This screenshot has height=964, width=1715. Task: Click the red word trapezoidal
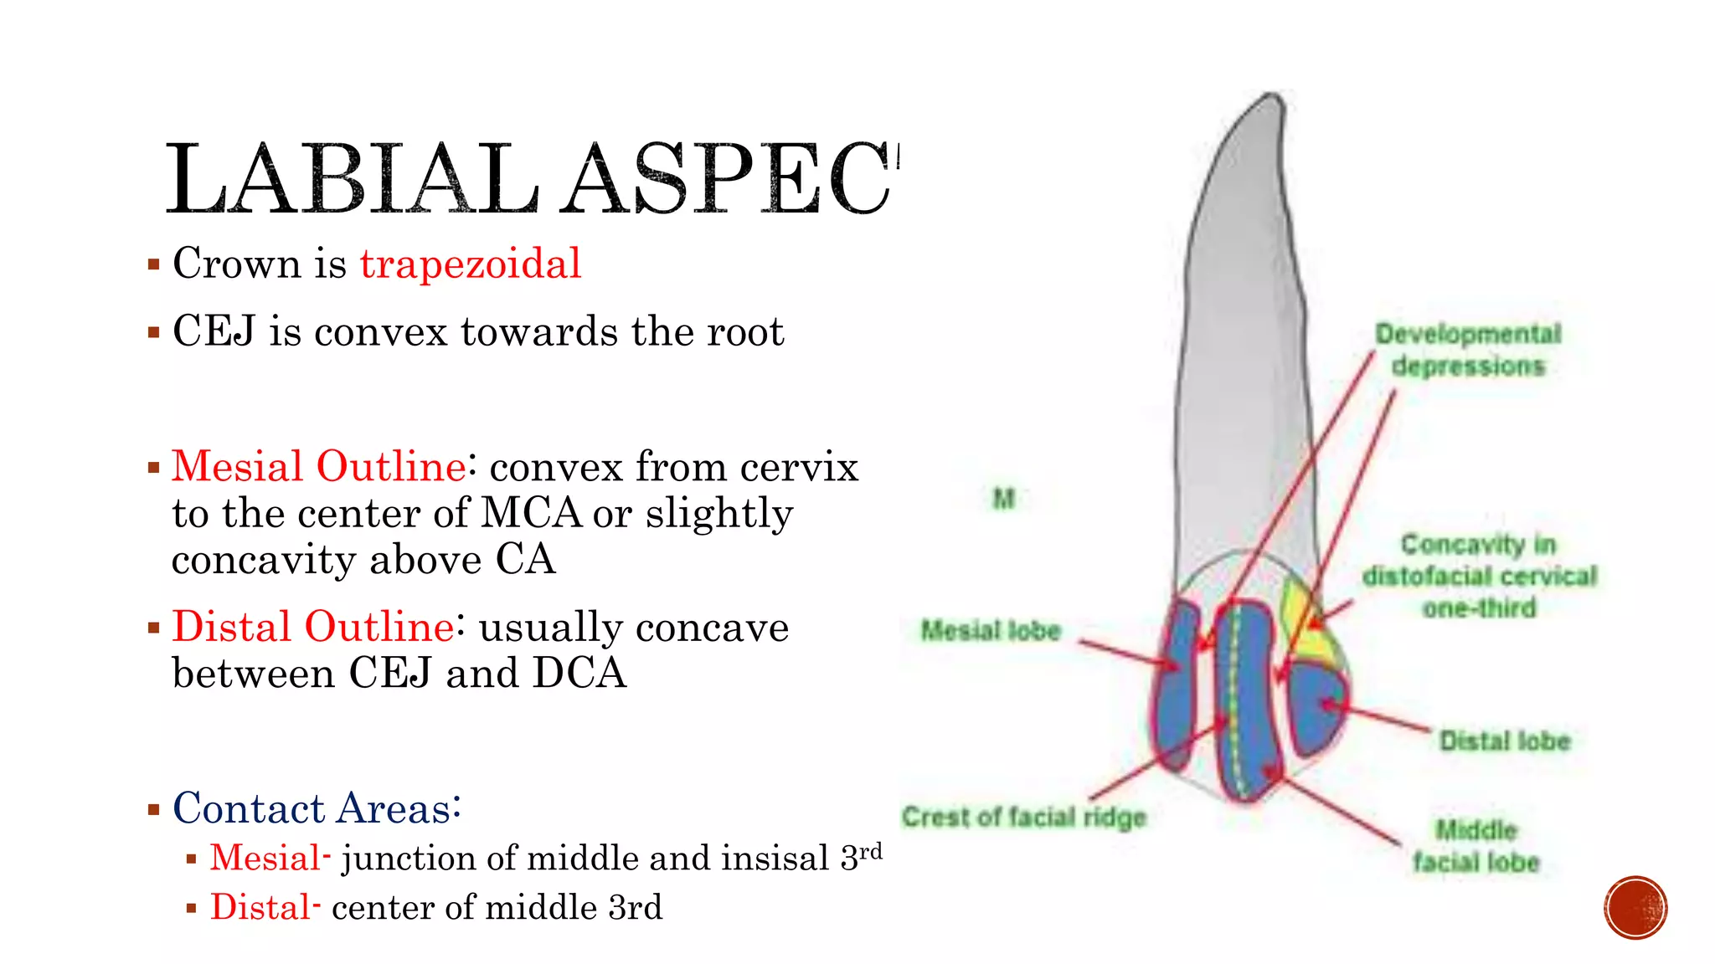(x=470, y=264)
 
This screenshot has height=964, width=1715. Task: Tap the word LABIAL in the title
(x=352, y=179)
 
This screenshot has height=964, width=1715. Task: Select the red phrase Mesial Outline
(x=318, y=466)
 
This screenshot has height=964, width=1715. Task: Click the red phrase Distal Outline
(x=313, y=627)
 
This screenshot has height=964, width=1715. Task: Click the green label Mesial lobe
(x=991, y=630)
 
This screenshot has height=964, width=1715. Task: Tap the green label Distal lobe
(x=1504, y=741)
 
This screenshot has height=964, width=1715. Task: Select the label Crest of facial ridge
(x=1023, y=817)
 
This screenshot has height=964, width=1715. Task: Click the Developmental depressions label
(x=1468, y=350)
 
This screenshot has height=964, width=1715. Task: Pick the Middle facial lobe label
(x=1476, y=846)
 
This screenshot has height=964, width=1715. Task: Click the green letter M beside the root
(x=1003, y=499)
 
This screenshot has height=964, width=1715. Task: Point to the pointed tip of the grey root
(x=1274, y=99)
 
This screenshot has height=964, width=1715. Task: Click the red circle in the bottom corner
(x=1635, y=908)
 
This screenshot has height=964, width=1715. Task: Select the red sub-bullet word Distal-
(x=265, y=908)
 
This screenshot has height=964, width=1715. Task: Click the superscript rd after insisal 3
(x=871, y=851)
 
